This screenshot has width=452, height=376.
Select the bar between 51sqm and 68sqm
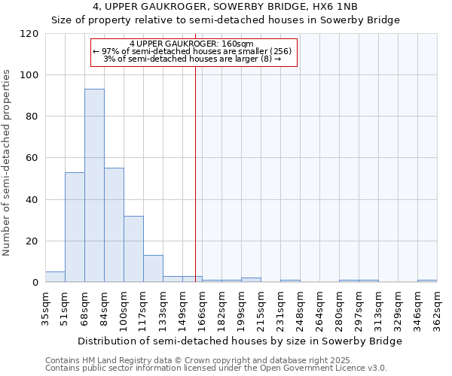point(75,227)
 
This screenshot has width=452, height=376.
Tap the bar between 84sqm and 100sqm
point(114,225)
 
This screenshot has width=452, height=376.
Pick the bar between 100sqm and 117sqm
point(133,249)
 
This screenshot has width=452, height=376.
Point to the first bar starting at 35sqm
point(55,277)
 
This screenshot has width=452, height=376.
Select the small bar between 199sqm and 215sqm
point(251,280)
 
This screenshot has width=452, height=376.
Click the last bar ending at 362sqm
point(427,280)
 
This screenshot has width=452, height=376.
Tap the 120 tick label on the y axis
point(29,34)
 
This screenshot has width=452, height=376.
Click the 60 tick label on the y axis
point(32,158)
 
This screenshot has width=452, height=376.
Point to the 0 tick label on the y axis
point(35,283)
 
